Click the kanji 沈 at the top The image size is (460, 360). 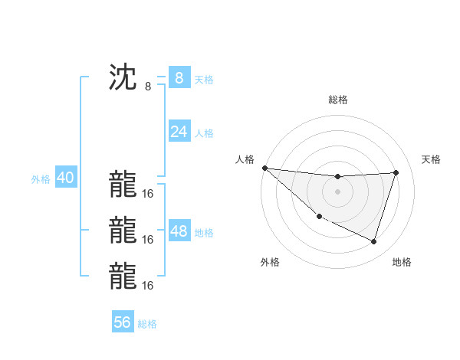pyautogui.click(x=123, y=78)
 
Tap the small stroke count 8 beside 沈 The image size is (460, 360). pyautogui.click(x=148, y=87)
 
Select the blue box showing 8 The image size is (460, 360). pyautogui.click(x=179, y=78)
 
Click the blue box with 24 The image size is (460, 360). pyautogui.click(x=179, y=132)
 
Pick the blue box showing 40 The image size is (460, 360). pyautogui.click(x=65, y=178)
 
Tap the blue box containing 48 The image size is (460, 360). pyautogui.click(x=179, y=231)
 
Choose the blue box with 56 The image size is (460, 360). pyautogui.click(x=123, y=322)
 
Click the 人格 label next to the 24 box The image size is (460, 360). pyautogui.click(x=204, y=133)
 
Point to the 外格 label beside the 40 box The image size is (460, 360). pyautogui.click(x=41, y=179)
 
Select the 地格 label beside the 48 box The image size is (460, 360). pyautogui.click(x=204, y=233)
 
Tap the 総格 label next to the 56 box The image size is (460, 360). pyautogui.click(x=147, y=324)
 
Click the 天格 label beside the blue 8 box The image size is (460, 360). pyautogui.click(x=204, y=80)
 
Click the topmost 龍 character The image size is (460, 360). pyautogui.click(x=123, y=184)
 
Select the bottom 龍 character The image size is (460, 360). pyautogui.click(x=123, y=276)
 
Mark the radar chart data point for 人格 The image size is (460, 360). pyautogui.click(x=264, y=168)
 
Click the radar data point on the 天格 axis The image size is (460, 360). pyautogui.click(x=396, y=172)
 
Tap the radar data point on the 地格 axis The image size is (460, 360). pyautogui.click(x=373, y=242)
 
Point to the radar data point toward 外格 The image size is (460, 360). pyautogui.click(x=319, y=217)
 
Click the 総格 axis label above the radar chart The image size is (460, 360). pyautogui.click(x=337, y=100)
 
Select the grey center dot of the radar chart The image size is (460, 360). pyautogui.click(x=337, y=191)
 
